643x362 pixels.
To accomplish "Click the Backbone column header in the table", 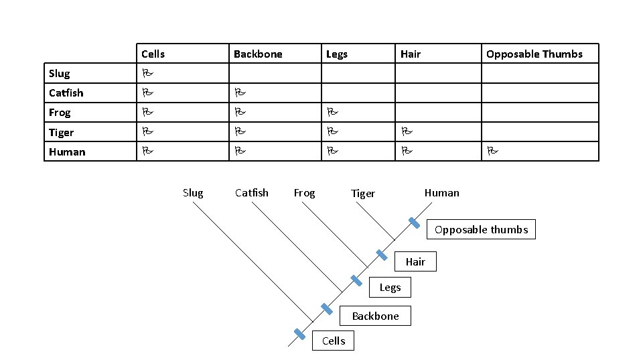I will tap(258, 54).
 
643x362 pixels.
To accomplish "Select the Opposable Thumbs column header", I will tap(534, 54).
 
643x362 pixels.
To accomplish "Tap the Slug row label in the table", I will tap(60, 74).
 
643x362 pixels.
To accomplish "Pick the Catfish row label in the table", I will tap(66, 93).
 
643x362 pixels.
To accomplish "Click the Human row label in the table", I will tap(67, 152).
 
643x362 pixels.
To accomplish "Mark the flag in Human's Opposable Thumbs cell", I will tap(492, 152).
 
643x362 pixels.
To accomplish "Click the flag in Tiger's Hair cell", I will tap(406, 133).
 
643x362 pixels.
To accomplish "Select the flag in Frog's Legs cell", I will tap(332, 113).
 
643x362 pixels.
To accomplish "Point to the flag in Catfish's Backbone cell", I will tap(238, 93).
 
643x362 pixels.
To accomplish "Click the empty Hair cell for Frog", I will tap(438, 113).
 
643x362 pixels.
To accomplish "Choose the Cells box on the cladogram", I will tap(334, 341).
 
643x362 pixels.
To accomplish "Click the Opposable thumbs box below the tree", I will tap(481, 230).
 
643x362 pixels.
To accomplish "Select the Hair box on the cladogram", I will tap(415, 262).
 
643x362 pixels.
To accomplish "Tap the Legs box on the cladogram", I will tap(390, 288).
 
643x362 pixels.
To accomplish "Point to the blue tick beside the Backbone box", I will tap(327, 309).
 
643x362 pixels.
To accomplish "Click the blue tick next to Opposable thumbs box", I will tap(415, 223).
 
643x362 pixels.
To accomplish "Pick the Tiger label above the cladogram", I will tap(363, 194).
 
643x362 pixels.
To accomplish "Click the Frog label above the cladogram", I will tap(304, 193).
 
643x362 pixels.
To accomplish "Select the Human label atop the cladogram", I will tap(442, 193).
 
